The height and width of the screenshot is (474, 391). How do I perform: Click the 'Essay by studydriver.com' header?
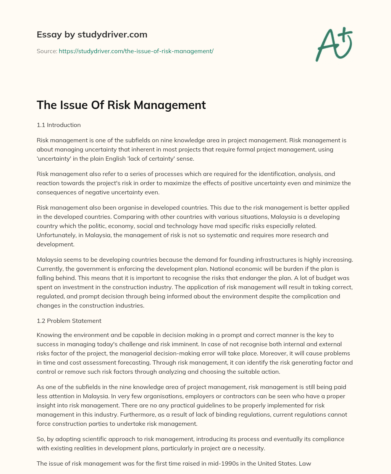click(x=92, y=34)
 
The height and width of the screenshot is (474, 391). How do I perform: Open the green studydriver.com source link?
click(x=136, y=51)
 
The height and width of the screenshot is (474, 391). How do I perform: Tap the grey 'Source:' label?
click(x=47, y=51)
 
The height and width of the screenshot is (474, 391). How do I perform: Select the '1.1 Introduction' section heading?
click(x=58, y=125)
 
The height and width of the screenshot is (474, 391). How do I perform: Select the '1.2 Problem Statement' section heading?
click(x=69, y=321)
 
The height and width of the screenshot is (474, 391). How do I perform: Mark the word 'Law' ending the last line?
click(x=305, y=463)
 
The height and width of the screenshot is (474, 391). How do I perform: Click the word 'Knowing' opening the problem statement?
click(x=48, y=335)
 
